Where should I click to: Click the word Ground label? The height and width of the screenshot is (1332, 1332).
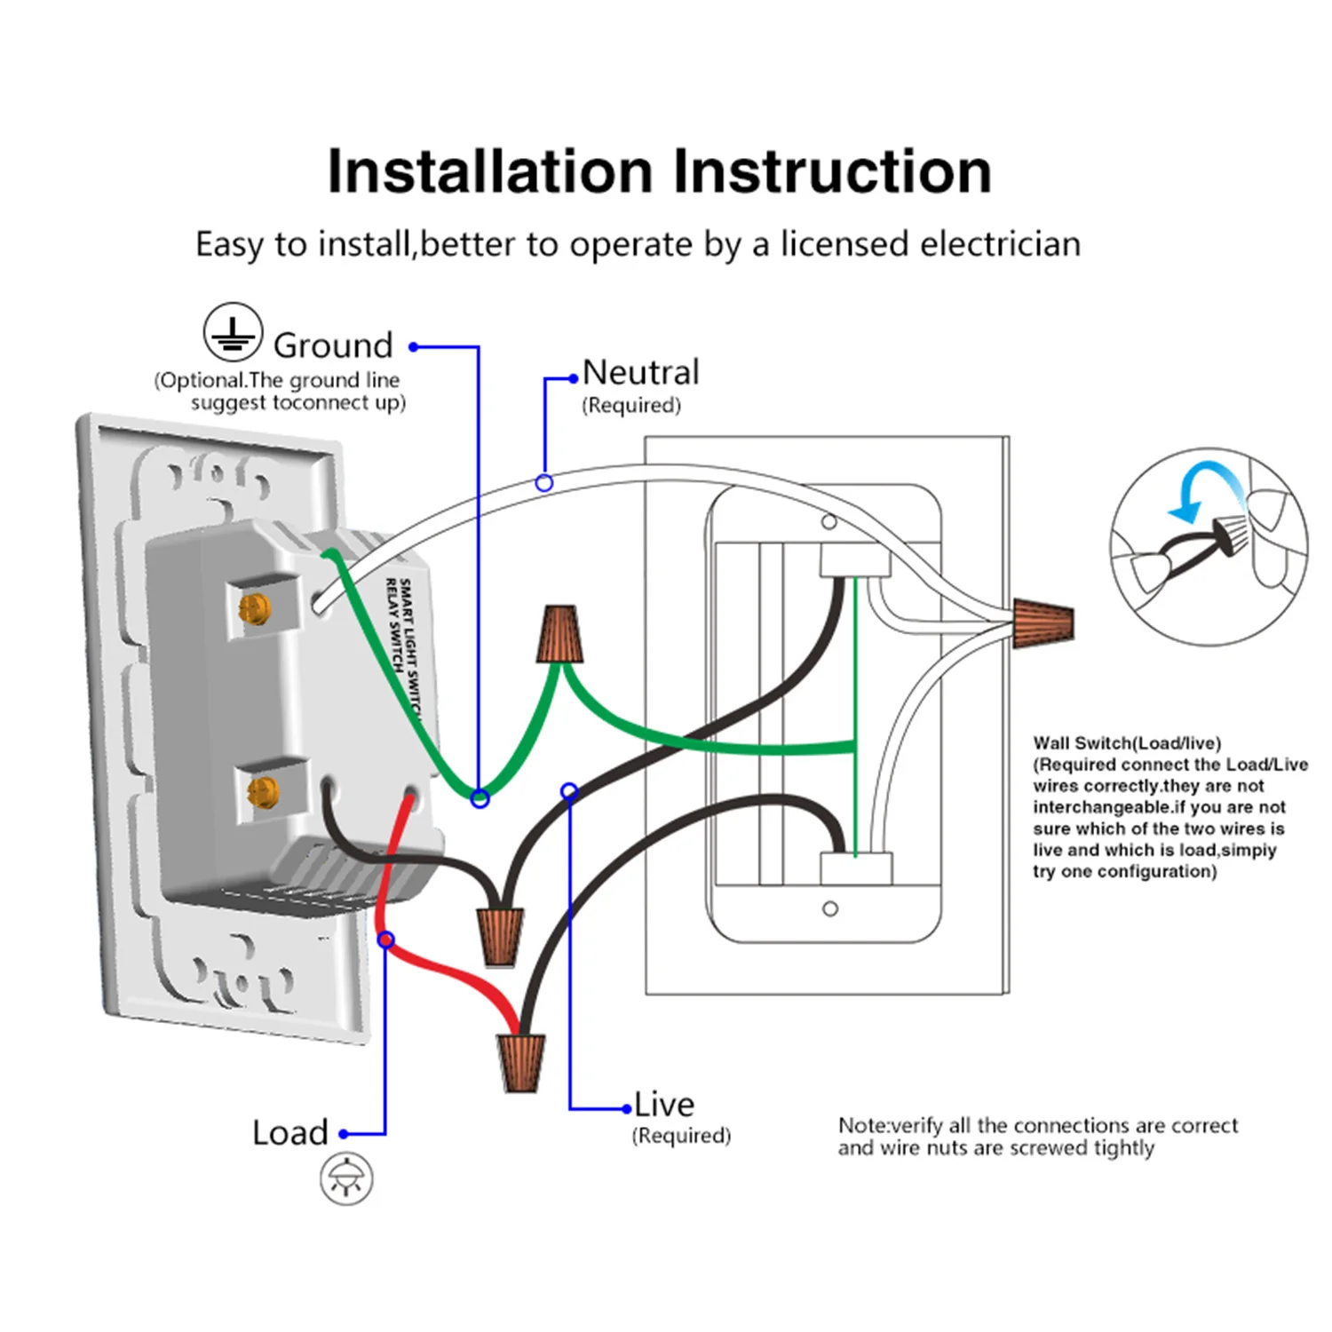[x=333, y=345]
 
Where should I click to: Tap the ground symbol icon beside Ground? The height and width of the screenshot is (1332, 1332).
[x=233, y=333]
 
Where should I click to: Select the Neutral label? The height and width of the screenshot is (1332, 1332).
[x=640, y=372]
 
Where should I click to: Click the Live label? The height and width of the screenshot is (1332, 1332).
[x=664, y=1105]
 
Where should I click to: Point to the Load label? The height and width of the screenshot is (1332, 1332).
[x=290, y=1133]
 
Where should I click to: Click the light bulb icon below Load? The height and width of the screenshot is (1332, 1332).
[x=346, y=1179]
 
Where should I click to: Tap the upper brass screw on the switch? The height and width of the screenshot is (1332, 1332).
[x=254, y=608]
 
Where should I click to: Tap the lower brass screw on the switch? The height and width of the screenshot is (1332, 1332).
[x=263, y=790]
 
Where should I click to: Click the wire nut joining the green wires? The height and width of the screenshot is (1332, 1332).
[x=559, y=634]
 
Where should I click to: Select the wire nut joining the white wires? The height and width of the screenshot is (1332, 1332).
[x=1044, y=622]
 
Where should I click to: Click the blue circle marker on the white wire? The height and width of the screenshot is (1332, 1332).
[x=544, y=483]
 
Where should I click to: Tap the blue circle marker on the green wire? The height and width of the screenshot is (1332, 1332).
[x=480, y=799]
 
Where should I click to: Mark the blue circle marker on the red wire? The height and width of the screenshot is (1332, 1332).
[x=386, y=940]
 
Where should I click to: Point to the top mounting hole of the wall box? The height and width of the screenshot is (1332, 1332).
[x=829, y=522]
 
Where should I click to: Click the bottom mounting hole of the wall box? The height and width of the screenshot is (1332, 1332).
[x=830, y=908]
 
